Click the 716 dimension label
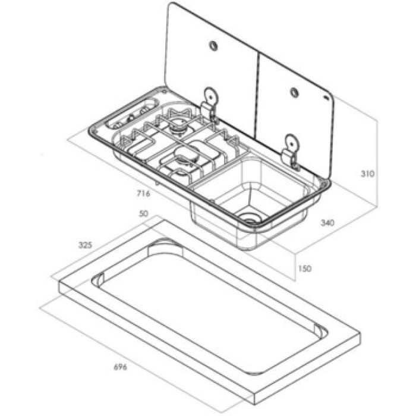pyautogui.click(x=143, y=193)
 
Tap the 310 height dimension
pyautogui.click(x=367, y=174)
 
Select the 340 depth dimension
pyautogui.click(x=327, y=223)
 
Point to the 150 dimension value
pyautogui.click(x=304, y=269)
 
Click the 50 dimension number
pyautogui.click(x=143, y=213)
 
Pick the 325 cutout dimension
pyautogui.click(x=85, y=245)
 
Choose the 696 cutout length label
pyautogui.click(x=121, y=367)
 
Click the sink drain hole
pyautogui.click(x=248, y=219)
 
